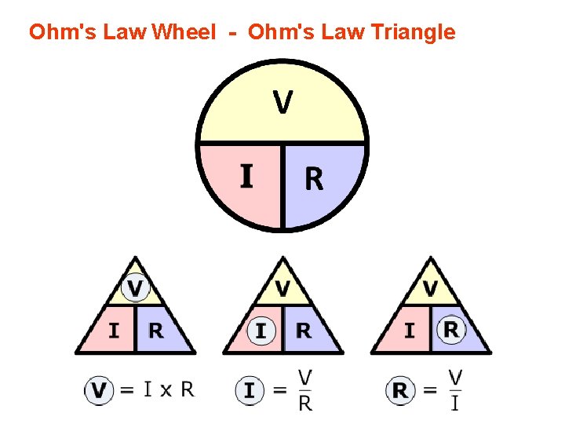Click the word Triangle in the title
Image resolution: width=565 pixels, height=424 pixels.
click(414, 32)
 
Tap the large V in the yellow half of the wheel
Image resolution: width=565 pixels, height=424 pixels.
click(283, 101)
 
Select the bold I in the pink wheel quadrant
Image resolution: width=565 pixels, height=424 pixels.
click(246, 176)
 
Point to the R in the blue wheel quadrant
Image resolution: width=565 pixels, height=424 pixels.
click(313, 180)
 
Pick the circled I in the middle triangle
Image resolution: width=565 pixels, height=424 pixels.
click(261, 331)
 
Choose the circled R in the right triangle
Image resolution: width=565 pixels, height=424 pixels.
click(451, 329)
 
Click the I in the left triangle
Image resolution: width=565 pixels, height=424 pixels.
click(114, 331)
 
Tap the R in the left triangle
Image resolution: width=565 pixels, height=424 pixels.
click(156, 331)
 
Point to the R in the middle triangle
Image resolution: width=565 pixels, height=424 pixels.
click(304, 331)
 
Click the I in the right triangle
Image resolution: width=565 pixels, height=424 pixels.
click(409, 331)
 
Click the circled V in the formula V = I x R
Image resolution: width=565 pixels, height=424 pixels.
click(98, 390)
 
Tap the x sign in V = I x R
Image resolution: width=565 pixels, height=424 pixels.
click(166, 391)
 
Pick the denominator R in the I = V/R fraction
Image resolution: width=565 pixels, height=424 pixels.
click(305, 404)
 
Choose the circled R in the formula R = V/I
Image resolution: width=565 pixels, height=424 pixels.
click(400, 390)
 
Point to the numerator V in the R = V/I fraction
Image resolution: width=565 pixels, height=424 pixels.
click(455, 377)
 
